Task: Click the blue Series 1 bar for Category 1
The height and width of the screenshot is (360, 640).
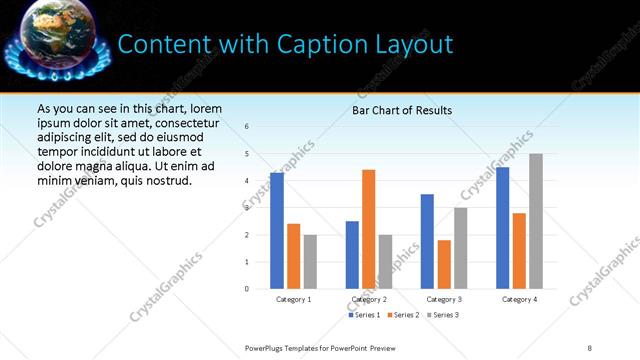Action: pyautogui.click(x=277, y=231)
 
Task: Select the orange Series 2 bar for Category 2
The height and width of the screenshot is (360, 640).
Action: pyautogui.click(x=369, y=229)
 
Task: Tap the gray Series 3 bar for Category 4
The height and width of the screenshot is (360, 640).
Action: pyautogui.click(x=536, y=221)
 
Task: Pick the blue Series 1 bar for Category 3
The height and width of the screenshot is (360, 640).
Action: pyautogui.click(x=427, y=241)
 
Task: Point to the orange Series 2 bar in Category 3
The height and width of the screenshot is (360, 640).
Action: pyautogui.click(x=444, y=264)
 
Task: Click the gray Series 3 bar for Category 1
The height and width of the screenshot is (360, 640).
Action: pyautogui.click(x=310, y=261)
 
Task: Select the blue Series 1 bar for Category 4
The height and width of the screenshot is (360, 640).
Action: pyautogui.click(x=503, y=228)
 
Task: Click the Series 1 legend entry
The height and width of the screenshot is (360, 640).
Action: pyautogui.click(x=364, y=315)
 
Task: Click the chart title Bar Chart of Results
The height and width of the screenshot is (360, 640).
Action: pyautogui.click(x=402, y=110)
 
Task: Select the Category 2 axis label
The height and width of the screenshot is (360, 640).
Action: pyautogui.click(x=369, y=299)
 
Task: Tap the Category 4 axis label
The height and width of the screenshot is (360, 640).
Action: pyautogui.click(x=519, y=299)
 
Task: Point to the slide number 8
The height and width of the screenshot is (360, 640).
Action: pyautogui.click(x=590, y=347)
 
